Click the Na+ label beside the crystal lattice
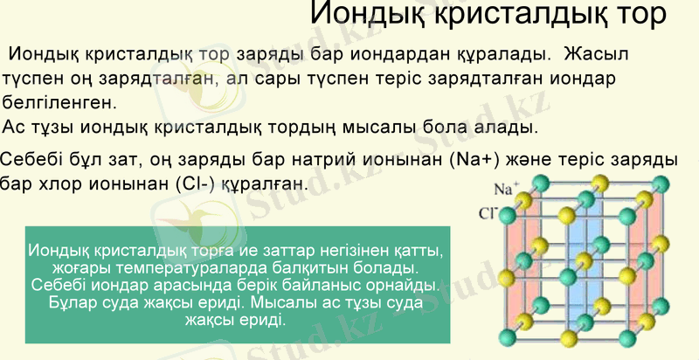point(507,188)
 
